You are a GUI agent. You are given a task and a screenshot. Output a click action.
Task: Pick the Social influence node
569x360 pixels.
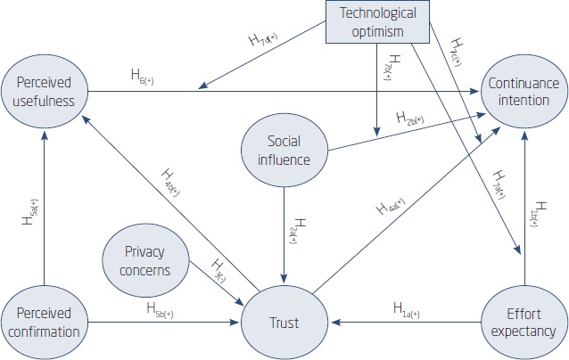[x=284, y=149]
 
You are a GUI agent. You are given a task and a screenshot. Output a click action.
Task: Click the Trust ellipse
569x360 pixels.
[x=285, y=322]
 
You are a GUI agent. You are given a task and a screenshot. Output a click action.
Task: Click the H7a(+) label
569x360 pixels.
[x=497, y=183]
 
